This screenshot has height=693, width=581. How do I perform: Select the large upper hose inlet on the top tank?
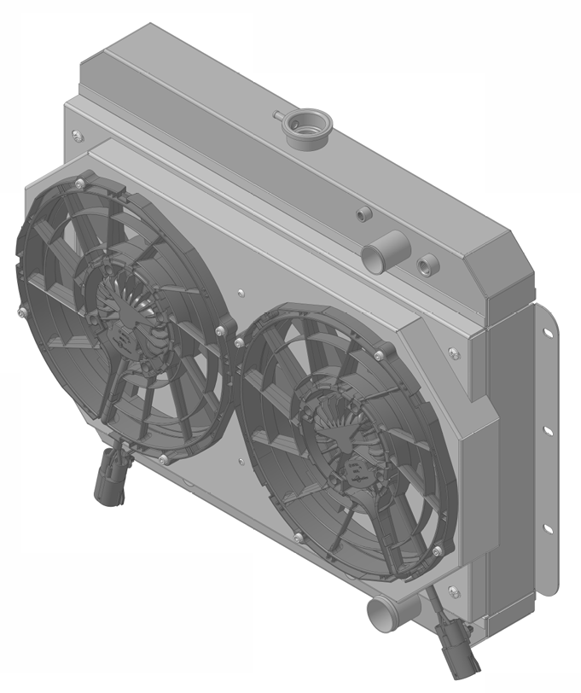[x=376, y=255]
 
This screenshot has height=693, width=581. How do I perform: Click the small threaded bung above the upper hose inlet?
[x=363, y=213]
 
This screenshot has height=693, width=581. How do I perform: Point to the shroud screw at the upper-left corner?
[x=78, y=134]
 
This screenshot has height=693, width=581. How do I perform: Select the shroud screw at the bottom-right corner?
[x=451, y=591]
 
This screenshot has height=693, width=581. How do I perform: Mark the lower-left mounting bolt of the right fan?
[x=297, y=537]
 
